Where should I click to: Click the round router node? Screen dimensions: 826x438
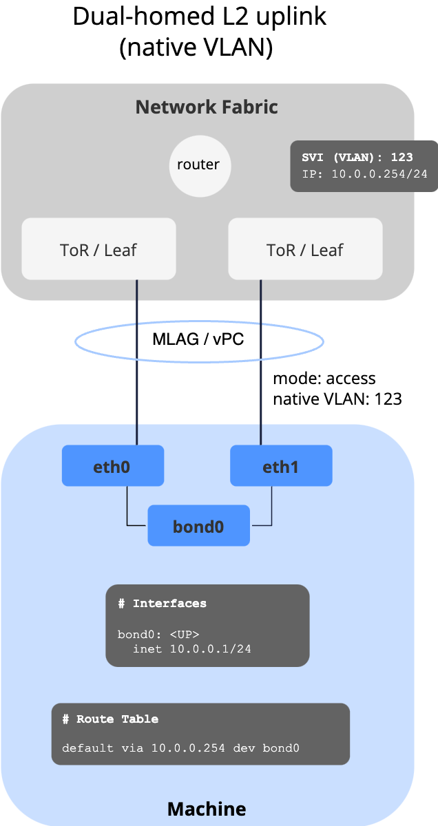click(198, 165)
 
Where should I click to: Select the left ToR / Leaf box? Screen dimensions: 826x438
click(98, 250)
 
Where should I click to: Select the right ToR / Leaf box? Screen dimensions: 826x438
click(305, 250)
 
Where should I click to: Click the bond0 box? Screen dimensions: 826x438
click(198, 527)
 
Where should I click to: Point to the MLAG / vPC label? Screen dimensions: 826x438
click(198, 339)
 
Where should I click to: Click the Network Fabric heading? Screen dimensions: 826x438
click(207, 107)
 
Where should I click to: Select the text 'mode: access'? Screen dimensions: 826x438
click(324, 378)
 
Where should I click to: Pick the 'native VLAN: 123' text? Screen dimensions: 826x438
click(337, 399)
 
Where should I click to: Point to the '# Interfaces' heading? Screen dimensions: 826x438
click(162, 604)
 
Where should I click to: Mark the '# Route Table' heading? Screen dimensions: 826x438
click(110, 719)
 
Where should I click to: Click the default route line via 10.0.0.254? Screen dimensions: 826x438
click(180, 748)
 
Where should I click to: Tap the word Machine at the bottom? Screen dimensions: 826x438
click(207, 808)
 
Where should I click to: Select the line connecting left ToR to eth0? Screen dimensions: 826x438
click(137, 399)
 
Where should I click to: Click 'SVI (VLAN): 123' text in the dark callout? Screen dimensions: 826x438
click(357, 158)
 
